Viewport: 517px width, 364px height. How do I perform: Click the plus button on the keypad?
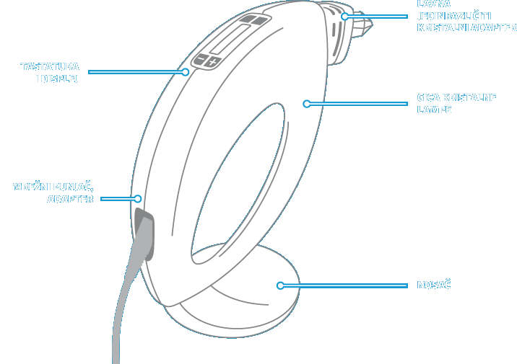click(x=212, y=63)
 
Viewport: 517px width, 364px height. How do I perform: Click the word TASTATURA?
click(x=50, y=67)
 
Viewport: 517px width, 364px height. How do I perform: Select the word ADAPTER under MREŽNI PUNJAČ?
click(x=70, y=199)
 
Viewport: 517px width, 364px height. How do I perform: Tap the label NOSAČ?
click(x=434, y=285)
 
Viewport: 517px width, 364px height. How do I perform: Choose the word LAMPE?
click(x=435, y=110)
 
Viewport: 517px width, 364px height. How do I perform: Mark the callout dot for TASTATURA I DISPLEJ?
click(x=186, y=71)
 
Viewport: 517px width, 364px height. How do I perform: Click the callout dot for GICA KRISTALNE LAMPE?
click(x=306, y=104)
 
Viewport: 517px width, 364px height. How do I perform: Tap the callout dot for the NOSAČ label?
click(x=280, y=285)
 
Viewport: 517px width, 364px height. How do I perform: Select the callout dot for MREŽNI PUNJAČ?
click(x=136, y=199)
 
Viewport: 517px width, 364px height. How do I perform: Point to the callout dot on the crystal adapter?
click(x=345, y=16)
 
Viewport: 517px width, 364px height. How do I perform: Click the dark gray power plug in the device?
click(x=143, y=232)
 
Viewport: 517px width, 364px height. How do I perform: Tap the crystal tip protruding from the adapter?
click(x=365, y=26)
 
